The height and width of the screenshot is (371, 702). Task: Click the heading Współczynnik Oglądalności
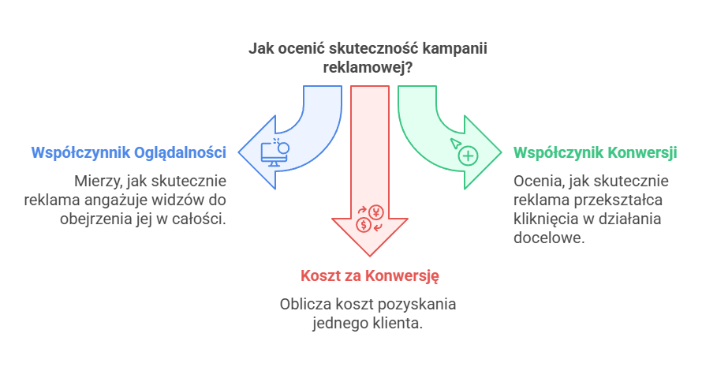coord(129,152)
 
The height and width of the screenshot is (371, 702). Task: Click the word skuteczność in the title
coord(372,48)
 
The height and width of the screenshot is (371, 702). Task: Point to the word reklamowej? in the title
coord(368,68)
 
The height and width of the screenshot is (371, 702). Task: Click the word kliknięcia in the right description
coord(543,218)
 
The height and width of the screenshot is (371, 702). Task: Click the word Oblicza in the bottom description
coord(303,304)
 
